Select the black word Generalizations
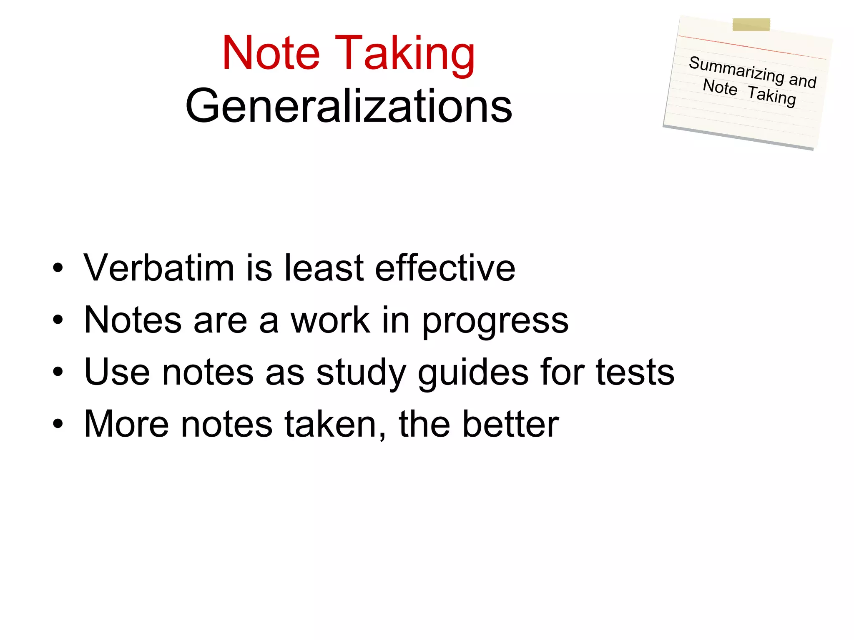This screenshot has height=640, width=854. [349, 107]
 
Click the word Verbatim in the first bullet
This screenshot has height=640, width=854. [159, 268]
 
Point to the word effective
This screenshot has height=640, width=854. [445, 268]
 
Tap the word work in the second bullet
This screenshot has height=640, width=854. [331, 320]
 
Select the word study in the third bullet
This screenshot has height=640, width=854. [361, 373]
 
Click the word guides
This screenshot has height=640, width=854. [473, 373]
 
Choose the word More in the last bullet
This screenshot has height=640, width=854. [126, 424]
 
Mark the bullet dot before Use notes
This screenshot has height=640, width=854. [58, 372]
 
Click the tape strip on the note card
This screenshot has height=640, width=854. [751, 25]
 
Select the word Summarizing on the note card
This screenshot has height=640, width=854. [736, 70]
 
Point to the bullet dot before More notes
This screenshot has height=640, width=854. [58, 424]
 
